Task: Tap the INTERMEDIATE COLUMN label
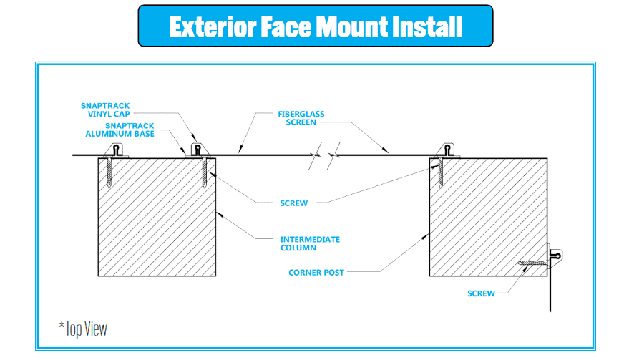(x=310, y=243)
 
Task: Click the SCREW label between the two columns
(x=293, y=203)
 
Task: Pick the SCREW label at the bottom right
(x=481, y=293)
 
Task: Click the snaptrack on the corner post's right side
(x=555, y=254)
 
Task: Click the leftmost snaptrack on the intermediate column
(x=117, y=150)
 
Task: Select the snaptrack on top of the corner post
(x=448, y=150)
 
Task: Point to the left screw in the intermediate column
(x=109, y=172)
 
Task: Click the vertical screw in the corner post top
(x=439, y=172)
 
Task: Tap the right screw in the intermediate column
(x=204, y=172)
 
